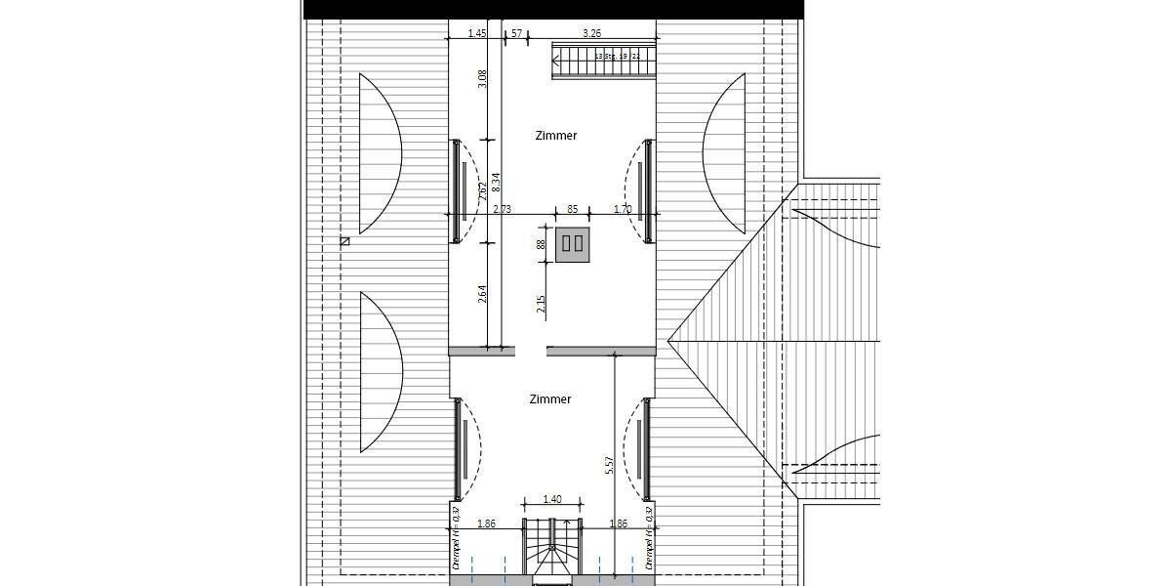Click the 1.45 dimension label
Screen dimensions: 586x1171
click(x=477, y=33)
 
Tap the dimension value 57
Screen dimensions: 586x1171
click(x=516, y=33)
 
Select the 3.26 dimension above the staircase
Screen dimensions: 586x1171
click(x=591, y=33)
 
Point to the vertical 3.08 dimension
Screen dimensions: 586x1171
click(x=482, y=79)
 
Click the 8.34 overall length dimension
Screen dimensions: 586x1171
click(x=496, y=182)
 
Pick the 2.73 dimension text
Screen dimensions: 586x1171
click(x=503, y=209)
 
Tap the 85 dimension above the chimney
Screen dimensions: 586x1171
click(x=572, y=209)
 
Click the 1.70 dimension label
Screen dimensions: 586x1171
click(x=623, y=209)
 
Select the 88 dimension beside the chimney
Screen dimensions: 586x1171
click(x=541, y=244)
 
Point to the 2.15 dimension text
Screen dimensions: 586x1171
click(x=541, y=305)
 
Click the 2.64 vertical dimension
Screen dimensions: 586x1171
click(x=482, y=293)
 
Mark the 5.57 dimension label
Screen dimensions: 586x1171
click(x=609, y=466)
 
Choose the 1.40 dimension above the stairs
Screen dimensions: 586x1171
click(x=552, y=500)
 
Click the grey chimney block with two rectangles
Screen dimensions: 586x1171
click(x=573, y=244)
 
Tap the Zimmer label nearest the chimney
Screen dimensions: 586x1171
click(x=556, y=136)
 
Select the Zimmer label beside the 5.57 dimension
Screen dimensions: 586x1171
click(x=550, y=399)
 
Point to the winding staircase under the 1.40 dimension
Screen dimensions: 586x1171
click(x=553, y=551)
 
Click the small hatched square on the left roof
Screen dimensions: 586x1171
click(x=344, y=240)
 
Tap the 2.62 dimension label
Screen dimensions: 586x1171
click(x=482, y=191)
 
